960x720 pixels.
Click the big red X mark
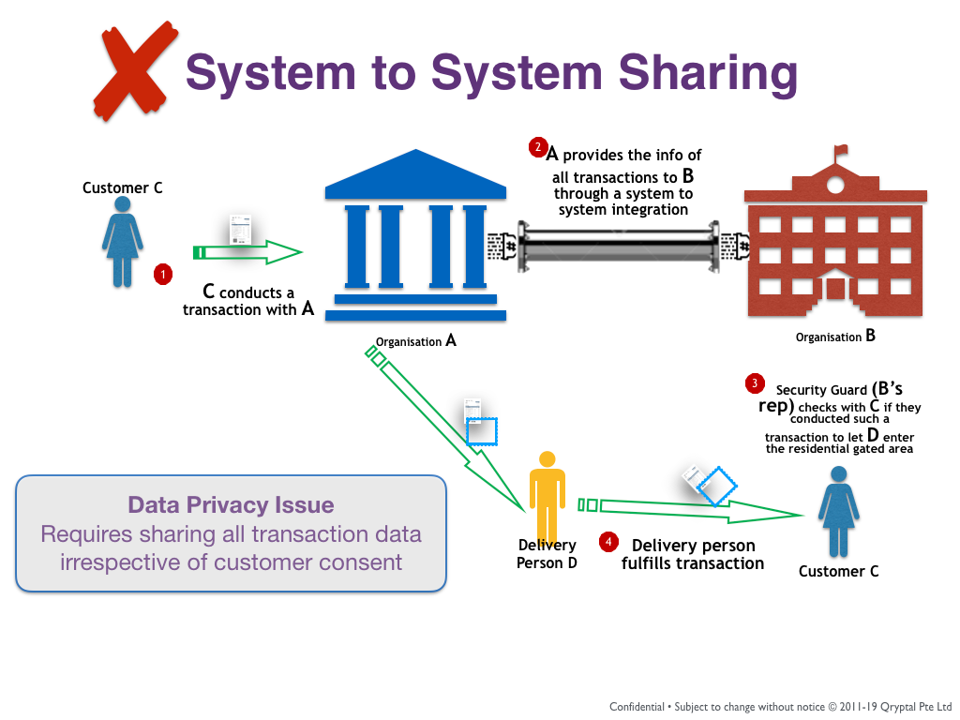137,72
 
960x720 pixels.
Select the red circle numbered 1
164,274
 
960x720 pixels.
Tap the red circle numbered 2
538,146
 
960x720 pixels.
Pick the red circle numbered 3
754,382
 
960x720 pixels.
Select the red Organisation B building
834,253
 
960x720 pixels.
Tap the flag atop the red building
840,150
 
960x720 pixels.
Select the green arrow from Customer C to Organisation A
247,252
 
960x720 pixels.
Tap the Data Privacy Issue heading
231,505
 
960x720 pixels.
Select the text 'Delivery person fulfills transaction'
693,554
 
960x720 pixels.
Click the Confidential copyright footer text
780,706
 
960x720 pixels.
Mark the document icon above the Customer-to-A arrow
242,230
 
